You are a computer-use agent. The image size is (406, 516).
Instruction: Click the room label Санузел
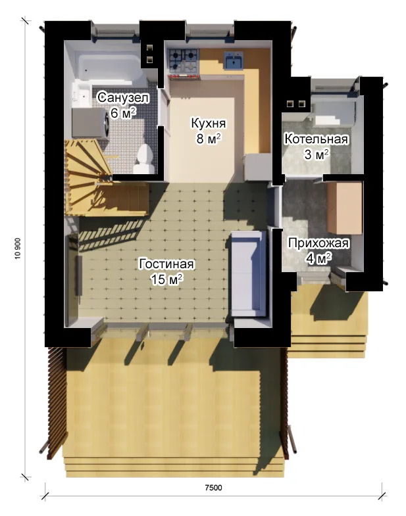tap(123, 98)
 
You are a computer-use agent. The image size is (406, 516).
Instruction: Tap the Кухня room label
tap(209, 124)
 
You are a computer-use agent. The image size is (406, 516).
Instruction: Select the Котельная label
tap(317, 139)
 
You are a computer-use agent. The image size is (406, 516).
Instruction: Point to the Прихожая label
tap(318, 243)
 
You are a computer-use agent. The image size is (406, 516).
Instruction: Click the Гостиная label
tap(166, 264)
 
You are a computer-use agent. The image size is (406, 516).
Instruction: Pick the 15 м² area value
tap(166, 279)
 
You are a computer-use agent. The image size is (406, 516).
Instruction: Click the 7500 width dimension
tap(214, 487)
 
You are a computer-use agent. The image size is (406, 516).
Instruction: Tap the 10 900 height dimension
tap(18, 248)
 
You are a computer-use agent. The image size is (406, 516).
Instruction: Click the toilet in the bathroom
tap(144, 160)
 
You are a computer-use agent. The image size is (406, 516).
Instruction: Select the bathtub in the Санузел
tap(109, 67)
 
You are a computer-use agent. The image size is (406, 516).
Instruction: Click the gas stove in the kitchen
tap(184, 62)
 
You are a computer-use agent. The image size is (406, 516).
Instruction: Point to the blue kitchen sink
tap(234, 60)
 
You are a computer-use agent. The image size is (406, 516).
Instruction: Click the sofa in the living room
tap(248, 273)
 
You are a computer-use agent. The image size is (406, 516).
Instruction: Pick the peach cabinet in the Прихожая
tap(345, 208)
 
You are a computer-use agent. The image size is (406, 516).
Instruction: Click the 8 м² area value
tap(209, 139)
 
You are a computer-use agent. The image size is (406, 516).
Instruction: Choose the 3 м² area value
tap(317, 154)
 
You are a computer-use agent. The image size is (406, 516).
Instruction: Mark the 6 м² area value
tap(123, 113)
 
